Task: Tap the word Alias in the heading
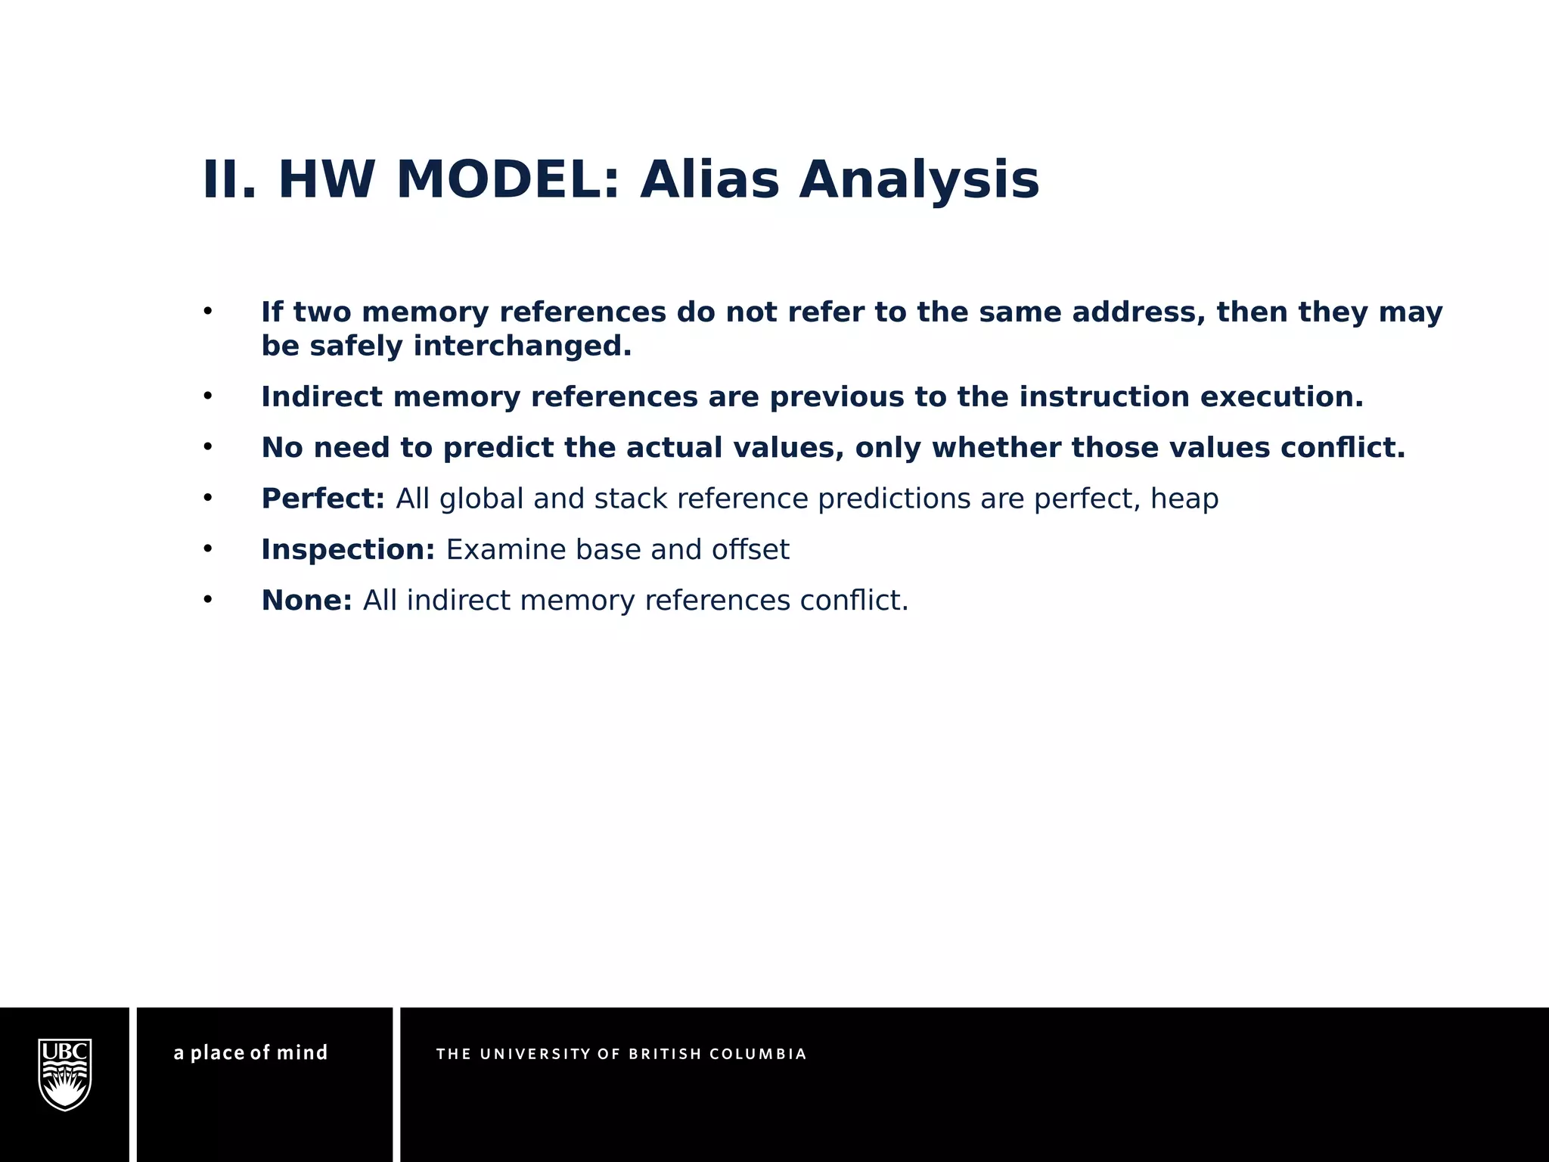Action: [709, 181]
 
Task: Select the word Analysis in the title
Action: [919, 181]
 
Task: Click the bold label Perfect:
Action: [323, 499]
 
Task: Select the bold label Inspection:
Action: [348, 549]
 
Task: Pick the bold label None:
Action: [306, 600]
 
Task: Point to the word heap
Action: [1184, 499]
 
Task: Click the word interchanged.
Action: [522, 346]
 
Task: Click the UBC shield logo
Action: [65, 1074]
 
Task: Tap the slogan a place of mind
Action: [250, 1053]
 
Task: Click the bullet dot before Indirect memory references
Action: [207, 396]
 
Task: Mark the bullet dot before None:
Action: [207, 599]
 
